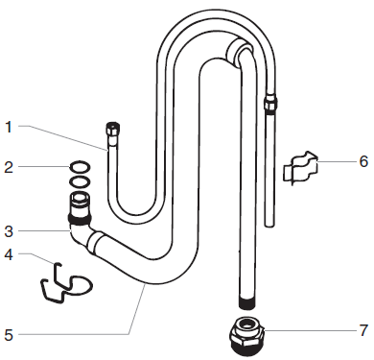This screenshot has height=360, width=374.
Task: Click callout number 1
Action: [x=9, y=125]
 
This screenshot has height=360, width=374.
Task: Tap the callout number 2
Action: [x=9, y=167]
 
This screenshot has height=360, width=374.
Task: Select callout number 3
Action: [x=9, y=230]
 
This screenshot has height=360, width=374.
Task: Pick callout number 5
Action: [x=9, y=334]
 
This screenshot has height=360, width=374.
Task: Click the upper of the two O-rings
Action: [x=82, y=167]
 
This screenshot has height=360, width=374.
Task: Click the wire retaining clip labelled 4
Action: [x=63, y=282]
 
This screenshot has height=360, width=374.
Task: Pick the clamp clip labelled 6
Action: [x=300, y=166]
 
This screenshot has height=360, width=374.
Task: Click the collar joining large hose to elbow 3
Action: [x=99, y=239]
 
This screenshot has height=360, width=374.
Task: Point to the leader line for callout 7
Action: [x=307, y=331]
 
